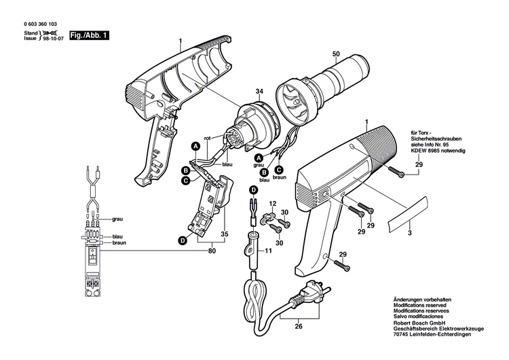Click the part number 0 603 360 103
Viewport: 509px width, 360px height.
(x=43, y=23)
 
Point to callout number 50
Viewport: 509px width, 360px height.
(x=335, y=54)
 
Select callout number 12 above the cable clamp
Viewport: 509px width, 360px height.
(x=271, y=204)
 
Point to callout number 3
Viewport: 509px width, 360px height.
(x=409, y=233)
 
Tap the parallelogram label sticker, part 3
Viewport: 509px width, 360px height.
(x=409, y=215)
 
